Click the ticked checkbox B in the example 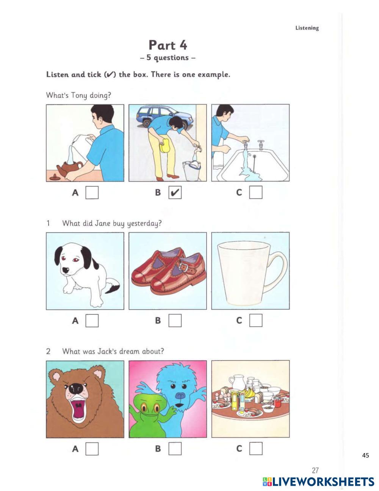[175, 193]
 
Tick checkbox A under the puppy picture [92, 321]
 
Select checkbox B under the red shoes [175, 321]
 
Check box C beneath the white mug [256, 321]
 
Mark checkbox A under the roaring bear [92, 449]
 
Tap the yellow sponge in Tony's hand [166, 145]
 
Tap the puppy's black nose [66, 270]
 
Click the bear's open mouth [78, 408]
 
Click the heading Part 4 [168, 45]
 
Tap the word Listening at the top [307, 28]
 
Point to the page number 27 [315, 470]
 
